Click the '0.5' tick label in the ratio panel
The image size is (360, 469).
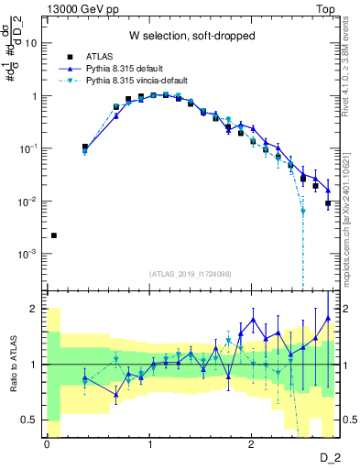point(29,420)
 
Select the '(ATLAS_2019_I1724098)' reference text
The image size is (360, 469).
point(192,274)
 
